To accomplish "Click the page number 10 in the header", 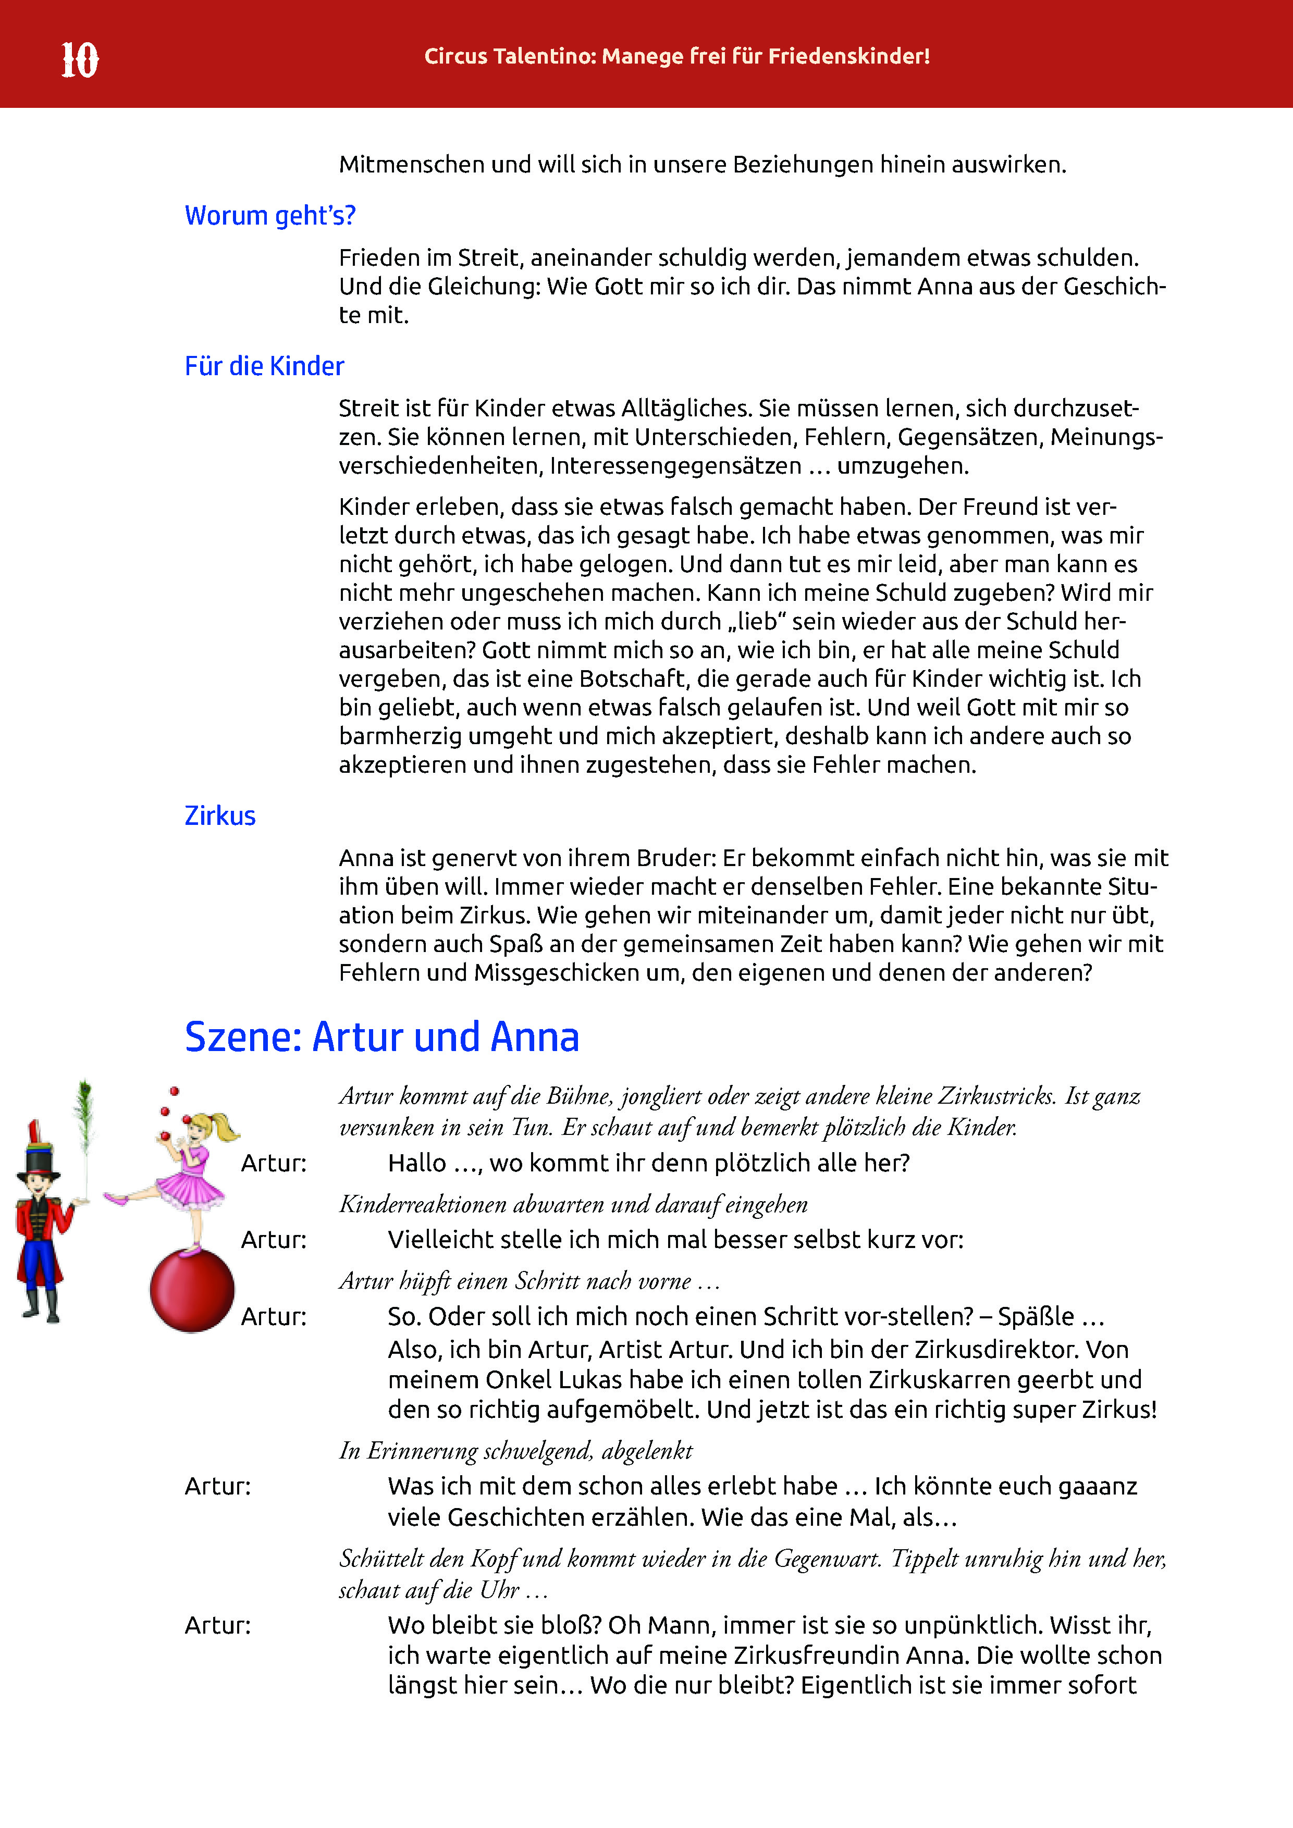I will [80, 60].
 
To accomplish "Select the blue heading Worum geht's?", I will [270, 216].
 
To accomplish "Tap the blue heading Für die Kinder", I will [264, 366].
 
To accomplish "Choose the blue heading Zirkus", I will [220, 816].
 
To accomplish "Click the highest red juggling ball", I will [175, 1091].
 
